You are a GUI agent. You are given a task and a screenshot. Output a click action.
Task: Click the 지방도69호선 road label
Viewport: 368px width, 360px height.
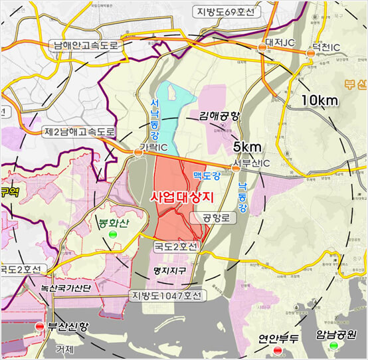pos(225,11)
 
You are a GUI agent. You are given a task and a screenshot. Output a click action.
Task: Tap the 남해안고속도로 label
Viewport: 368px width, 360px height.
pos(87,46)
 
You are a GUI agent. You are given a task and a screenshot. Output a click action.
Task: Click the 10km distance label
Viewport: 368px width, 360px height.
pos(320,100)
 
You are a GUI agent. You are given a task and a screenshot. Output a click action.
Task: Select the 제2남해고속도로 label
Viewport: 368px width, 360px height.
pos(80,132)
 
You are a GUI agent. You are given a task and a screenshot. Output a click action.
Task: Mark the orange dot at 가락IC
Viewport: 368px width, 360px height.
pos(138,153)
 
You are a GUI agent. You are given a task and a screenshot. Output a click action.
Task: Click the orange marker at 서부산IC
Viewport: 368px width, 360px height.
pos(236,169)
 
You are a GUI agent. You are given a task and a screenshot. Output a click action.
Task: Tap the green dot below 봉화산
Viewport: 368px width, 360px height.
pos(112,234)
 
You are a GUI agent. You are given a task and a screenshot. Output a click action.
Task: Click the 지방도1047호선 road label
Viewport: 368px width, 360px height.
pos(167,295)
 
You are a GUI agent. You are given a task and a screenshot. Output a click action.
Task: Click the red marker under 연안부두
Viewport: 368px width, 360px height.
pos(268,349)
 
